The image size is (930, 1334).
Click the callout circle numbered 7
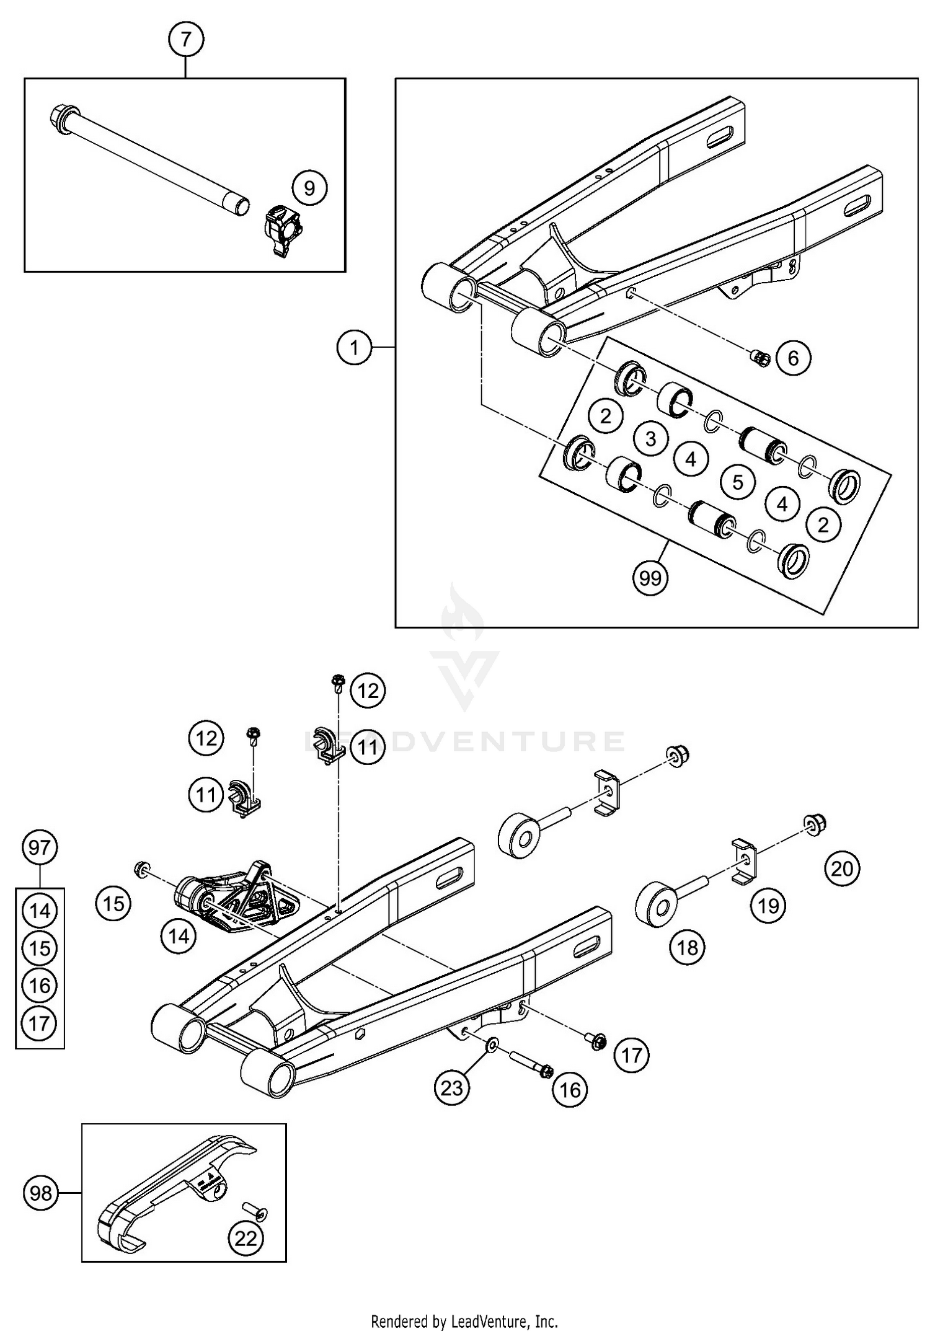(186, 40)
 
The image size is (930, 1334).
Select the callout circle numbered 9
(309, 188)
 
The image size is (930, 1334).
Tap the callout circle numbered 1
(354, 348)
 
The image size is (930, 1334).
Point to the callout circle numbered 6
(794, 358)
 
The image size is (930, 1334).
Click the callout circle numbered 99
(650, 578)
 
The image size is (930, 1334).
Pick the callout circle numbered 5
(737, 482)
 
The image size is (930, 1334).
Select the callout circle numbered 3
(650, 439)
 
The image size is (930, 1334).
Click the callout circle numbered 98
(41, 1192)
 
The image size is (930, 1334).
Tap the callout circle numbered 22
(246, 1238)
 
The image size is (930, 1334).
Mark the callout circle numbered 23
(452, 1087)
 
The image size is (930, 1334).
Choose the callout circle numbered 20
(842, 868)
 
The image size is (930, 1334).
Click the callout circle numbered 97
(40, 847)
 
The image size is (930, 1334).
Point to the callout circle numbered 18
(688, 947)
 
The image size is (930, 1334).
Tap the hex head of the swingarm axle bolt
(61, 115)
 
